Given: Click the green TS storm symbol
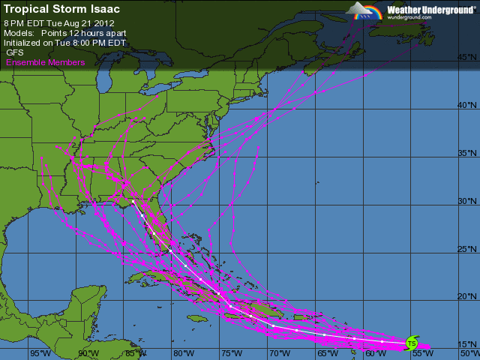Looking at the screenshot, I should pyautogui.click(x=411, y=343).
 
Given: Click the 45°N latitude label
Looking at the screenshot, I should pyautogui.click(x=466, y=58).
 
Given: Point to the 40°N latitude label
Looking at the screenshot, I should pyautogui.click(x=466, y=106).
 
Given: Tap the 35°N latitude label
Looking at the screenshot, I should pyautogui.click(x=466, y=154).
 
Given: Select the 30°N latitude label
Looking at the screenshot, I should pyautogui.click(x=466, y=202).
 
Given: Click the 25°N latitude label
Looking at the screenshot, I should pyautogui.click(x=466, y=250).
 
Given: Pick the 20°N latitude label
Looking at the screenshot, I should pyautogui.click(x=466, y=298).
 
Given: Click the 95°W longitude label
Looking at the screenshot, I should pyautogui.click(x=40, y=352).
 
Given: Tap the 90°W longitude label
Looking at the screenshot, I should pyautogui.click(x=88, y=352).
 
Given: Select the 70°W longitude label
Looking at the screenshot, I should pyautogui.click(x=279, y=352).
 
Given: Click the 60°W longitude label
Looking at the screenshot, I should pyautogui.click(x=374, y=352).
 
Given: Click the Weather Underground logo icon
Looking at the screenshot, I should pyautogui.click(x=365, y=11).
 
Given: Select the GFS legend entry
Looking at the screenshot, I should pyautogui.click(x=15, y=53).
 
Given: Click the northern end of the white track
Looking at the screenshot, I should pyautogui.click(x=133, y=202).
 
